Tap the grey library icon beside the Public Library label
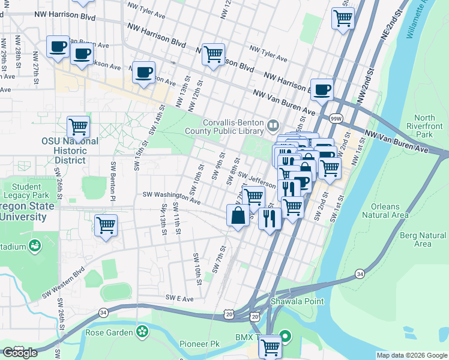click(x=274, y=125)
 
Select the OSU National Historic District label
click(x=70, y=150)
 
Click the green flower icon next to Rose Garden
click(x=142, y=330)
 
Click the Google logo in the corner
click(x=20, y=353)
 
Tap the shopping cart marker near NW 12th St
click(x=213, y=55)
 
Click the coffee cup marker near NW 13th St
click(x=143, y=73)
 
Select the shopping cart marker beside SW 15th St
click(x=106, y=226)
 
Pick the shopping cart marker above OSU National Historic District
click(x=78, y=127)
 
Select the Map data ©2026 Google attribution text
click(x=411, y=355)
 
